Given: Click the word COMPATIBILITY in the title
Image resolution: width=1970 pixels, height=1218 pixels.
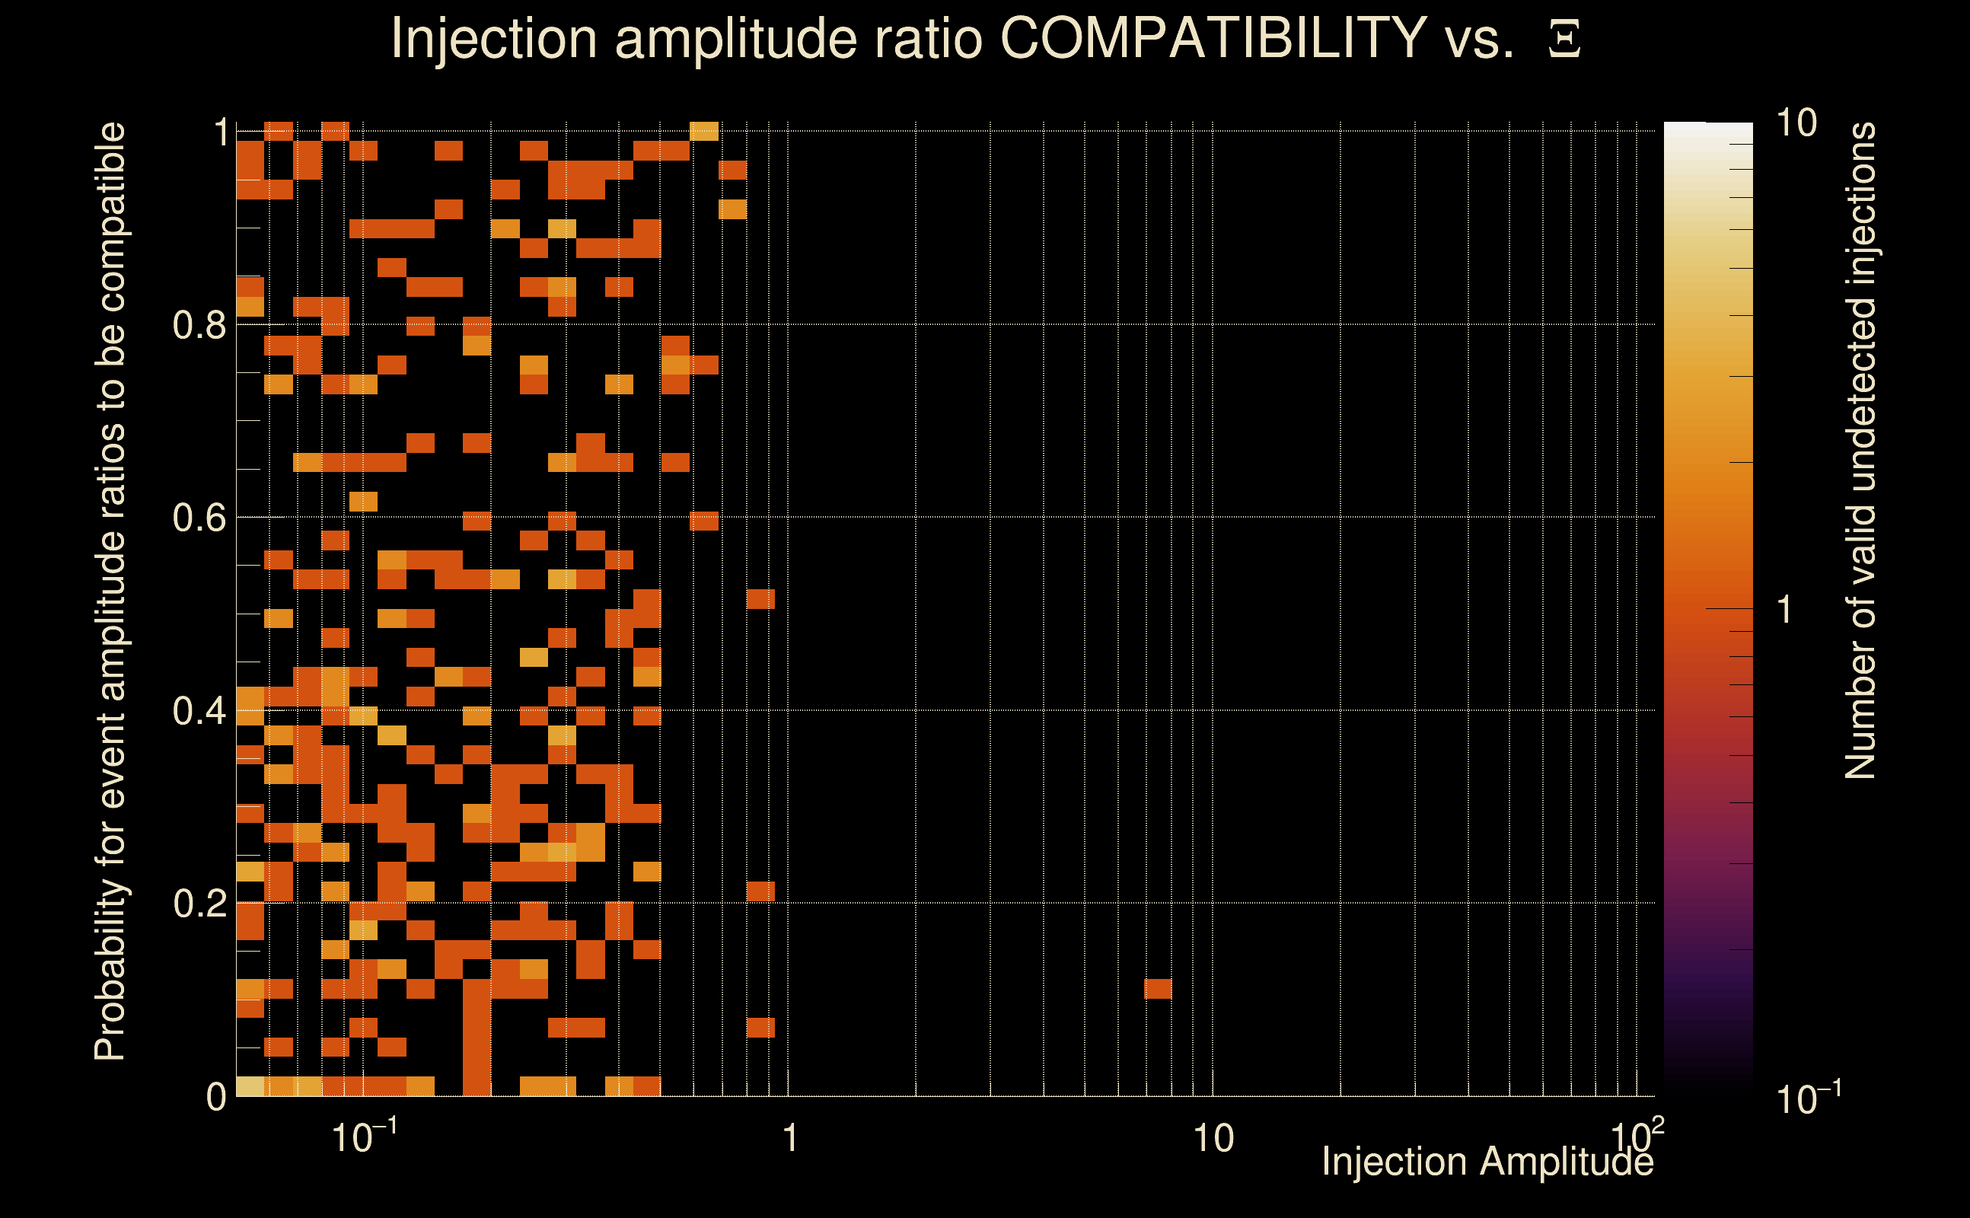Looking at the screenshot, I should [1213, 38].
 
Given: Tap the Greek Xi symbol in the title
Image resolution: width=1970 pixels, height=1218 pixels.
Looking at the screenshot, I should [1564, 40].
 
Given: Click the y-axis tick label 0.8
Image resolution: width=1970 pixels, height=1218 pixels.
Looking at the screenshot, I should [199, 326].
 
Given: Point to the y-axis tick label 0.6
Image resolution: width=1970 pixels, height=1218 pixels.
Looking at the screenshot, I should [199, 518].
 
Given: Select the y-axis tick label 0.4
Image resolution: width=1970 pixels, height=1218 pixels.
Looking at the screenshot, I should [199, 711].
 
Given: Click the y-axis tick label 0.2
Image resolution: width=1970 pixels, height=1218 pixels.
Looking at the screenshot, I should [199, 904].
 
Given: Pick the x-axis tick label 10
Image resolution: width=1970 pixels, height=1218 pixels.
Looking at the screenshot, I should [1213, 1139].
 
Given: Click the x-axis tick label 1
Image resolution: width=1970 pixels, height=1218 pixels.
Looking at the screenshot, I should [790, 1139].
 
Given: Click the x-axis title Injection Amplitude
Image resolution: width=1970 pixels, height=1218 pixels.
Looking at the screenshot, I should [1487, 1162].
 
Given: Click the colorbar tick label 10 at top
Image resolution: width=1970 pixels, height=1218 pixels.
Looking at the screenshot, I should [1796, 124].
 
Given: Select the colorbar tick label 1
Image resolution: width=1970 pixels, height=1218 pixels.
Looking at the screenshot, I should [1785, 610].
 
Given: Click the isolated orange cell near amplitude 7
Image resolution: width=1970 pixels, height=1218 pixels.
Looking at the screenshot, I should [1157, 988].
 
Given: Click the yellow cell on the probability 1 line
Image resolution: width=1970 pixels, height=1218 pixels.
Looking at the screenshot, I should [704, 130].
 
